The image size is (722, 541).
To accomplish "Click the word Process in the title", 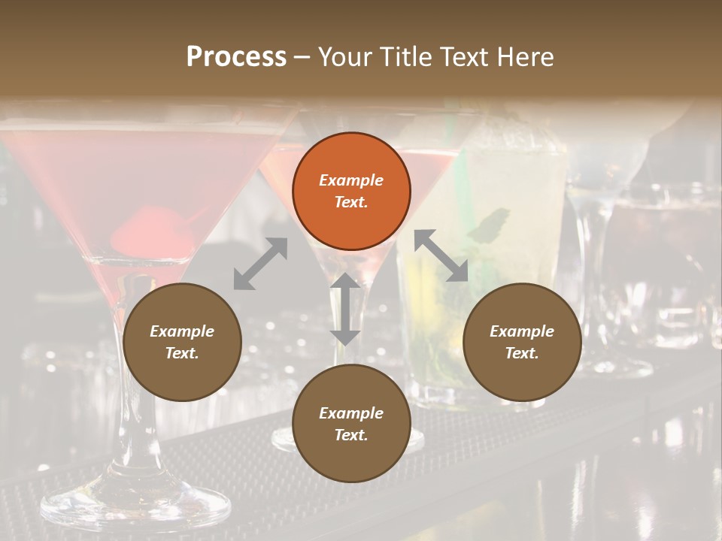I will click(x=236, y=57).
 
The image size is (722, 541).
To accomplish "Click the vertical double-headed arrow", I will click(x=345, y=309).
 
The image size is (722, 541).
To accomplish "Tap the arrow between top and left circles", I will click(x=261, y=264).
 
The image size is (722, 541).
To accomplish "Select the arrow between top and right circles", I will click(x=441, y=256).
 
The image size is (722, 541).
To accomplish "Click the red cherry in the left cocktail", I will click(x=143, y=229).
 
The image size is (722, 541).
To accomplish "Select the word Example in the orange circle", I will click(x=351, y=180).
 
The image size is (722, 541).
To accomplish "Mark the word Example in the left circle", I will click(x=182, y=331).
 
